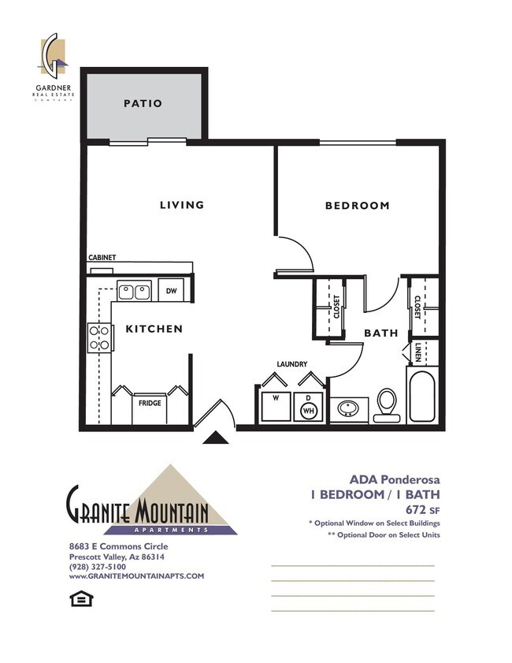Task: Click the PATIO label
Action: pos(143,103)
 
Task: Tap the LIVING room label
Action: pos(182,205)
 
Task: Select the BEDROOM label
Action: pos(357,206)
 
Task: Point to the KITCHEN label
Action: pos(154,329)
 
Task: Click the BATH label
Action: pos(380,333)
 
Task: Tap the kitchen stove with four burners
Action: pos(99,337)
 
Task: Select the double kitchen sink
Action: pos(134,292)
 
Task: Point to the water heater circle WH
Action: pos(309,409)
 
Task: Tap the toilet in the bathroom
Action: pos(387,404)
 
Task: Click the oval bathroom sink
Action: pos(347,409)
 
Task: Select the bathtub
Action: pos(424,397)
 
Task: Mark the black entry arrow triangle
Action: pos(214,438)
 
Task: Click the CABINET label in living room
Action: pos(102,258)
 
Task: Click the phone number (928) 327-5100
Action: pos(97,566)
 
